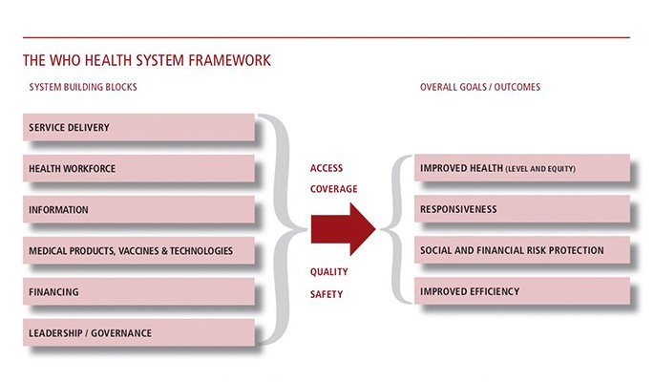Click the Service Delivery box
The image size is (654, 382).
pyautogui.click(x=139, y=127)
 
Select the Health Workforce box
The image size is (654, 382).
pyautogui.click(x=139, y=168)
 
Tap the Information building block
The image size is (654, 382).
pyautogui.click(x=139, y=209)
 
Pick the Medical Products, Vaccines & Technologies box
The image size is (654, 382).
pyautogui.click(x=139, y=251)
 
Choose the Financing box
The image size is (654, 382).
pyautogui.click(x=139, y=292)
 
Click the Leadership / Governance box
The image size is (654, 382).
pyautogui.click(x=139, y=333)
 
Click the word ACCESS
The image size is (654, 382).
pyautogui.click(x=327, y=168)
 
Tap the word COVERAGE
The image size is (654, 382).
pyautogui.click(x=333, y=189)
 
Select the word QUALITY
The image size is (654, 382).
pyautogui.click(x=328, y=272)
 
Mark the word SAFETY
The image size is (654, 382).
pyautogui.click(x=326, y=294)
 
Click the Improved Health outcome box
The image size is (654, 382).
pyautogui.click(x=521, y=169)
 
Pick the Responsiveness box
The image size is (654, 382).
pyautogui.click(x=521, y=209)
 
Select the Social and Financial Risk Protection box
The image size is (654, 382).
pyautogui.click(x=521, y=250)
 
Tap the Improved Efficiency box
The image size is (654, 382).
pyautogui.click(x=521, y=291)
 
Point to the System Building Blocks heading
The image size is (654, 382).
pyautogui.click(x=83, y=87)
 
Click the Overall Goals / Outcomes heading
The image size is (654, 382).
pyautogui.click(x=479, y=87)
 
